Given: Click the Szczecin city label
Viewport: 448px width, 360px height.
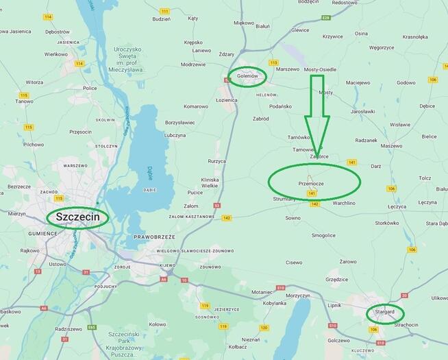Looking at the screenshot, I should point(77,217).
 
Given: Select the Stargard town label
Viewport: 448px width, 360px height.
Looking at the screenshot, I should point(384,312).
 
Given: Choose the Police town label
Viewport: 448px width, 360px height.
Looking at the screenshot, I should point(89,88).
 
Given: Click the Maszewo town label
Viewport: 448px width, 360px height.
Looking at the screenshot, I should point(391,145).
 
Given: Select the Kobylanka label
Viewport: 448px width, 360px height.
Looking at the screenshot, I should point(274,303).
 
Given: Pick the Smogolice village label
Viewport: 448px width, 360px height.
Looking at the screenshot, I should point(323,235).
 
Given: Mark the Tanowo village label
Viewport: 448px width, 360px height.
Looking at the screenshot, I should point(24,101).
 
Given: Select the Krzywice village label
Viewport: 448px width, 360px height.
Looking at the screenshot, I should point(332,36).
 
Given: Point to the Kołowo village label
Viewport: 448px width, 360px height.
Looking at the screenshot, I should point(158,324).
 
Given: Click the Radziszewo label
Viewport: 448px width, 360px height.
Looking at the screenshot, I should point(69,329).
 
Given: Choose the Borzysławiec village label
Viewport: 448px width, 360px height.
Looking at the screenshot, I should point(180,123).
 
